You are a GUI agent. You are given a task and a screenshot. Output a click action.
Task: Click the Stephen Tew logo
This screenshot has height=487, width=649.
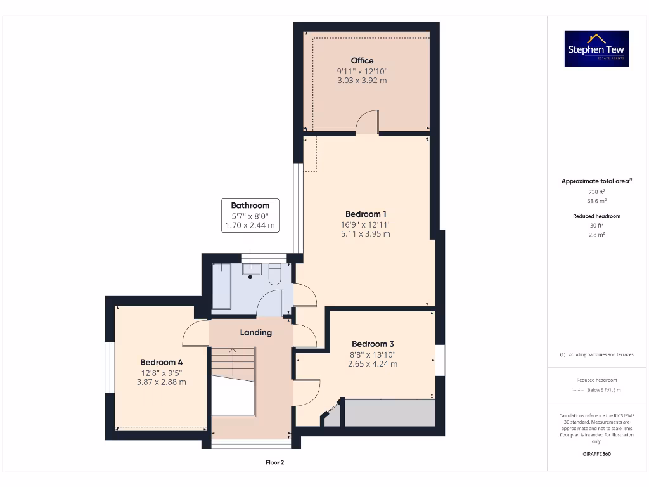[596, 49]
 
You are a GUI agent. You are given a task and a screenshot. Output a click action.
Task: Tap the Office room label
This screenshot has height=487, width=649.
[362, 61]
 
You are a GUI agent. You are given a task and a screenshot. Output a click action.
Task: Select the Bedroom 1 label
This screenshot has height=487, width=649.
[366, 214]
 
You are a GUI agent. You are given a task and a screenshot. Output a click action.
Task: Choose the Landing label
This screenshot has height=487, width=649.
[255, 332]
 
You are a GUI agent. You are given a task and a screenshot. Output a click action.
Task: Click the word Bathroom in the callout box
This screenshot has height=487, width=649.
[250, 205]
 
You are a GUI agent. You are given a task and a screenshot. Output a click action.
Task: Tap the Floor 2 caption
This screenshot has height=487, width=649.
[274, 462]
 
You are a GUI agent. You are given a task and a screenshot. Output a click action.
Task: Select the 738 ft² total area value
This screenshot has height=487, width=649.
[596, 192]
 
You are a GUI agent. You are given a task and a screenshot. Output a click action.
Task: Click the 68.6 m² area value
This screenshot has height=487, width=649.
[596, 201]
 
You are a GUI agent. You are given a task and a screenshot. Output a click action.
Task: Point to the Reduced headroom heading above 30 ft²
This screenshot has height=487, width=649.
[596, 216]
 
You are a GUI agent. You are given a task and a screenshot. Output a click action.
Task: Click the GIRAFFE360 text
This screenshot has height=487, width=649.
[596, 454]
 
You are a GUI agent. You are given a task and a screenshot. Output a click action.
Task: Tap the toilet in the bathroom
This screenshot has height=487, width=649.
[275, 274]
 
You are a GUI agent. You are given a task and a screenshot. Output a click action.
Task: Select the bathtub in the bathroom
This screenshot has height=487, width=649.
[222, 286]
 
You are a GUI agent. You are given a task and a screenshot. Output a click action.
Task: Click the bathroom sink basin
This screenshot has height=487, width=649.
[250, 270]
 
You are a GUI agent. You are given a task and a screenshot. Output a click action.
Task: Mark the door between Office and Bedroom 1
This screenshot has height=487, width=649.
[367, 123]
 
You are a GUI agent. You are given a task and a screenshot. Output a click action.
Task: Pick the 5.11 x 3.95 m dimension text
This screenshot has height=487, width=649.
[366, 233]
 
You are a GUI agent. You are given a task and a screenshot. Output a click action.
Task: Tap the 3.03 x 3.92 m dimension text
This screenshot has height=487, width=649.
[362, 81]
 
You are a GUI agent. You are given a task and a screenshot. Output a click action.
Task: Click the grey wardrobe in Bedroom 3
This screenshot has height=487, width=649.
[389, 413]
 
